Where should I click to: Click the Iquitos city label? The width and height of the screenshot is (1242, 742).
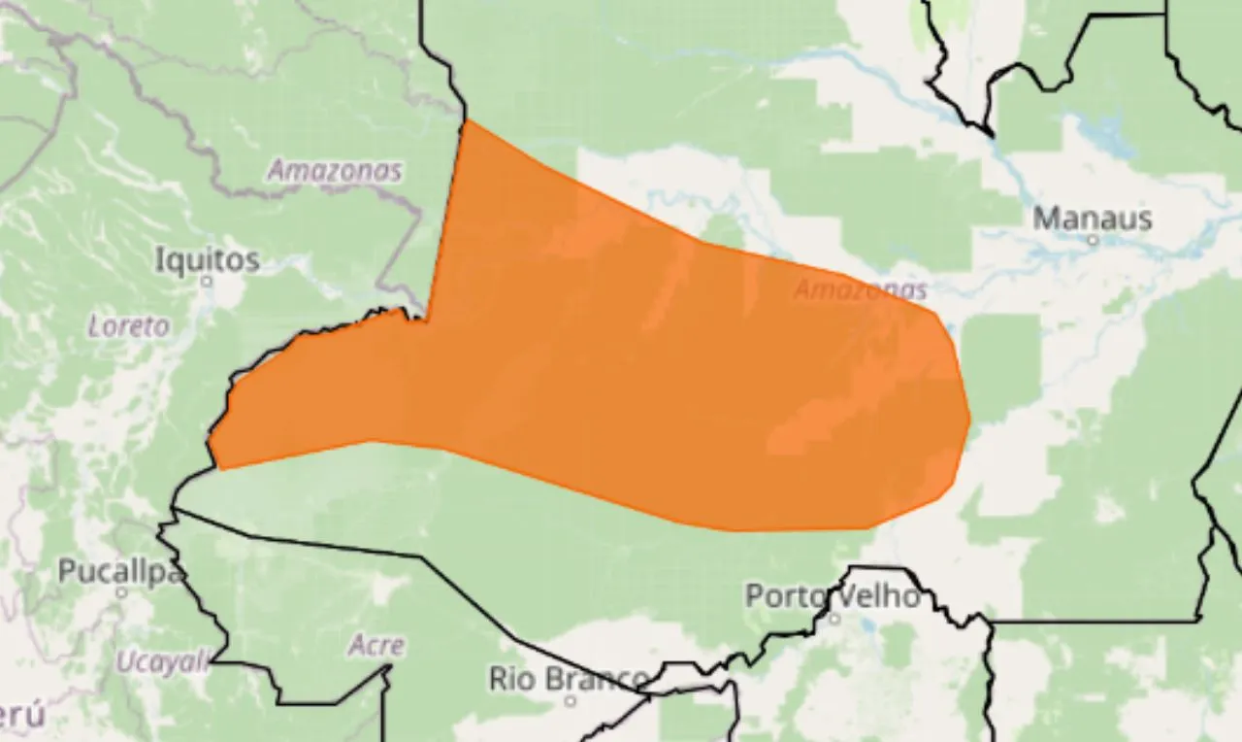click(208, 259)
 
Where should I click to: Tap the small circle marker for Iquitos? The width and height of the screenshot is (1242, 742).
click(206, 281)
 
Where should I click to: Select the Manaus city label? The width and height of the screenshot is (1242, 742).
click(1093, 218)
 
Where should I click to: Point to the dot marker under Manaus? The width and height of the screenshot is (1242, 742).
click(1093, 239)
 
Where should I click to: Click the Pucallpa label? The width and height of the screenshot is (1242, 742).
click(120, 571)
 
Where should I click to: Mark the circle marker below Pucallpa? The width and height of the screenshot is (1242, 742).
click(121, 591)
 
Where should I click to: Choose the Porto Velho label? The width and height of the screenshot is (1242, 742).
click(833, 595)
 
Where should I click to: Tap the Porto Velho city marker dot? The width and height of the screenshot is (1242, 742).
click(834, 617)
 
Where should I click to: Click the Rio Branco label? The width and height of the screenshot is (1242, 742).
click(569, 678)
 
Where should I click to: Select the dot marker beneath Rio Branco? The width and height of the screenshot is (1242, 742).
click(571, 699)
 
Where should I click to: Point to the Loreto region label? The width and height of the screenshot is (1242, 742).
click(128, 326)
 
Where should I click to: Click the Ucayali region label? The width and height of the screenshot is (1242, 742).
click(162, 662)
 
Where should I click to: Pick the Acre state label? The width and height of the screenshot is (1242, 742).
click(376, 645)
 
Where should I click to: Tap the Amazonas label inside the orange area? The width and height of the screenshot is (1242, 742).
click(860, 289)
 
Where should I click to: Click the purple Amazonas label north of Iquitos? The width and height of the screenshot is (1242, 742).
click(335, 172)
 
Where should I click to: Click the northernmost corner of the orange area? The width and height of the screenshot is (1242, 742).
click(468, 121)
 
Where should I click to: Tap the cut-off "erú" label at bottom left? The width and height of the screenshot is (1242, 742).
click(21, 717)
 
